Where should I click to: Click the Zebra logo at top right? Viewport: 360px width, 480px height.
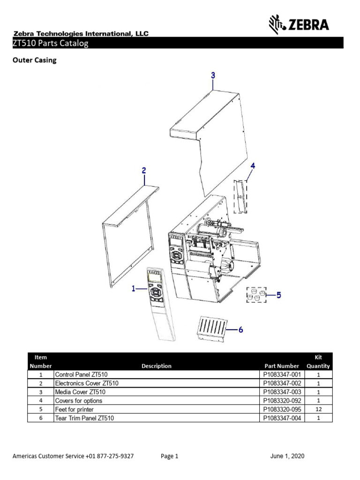coord(299,24)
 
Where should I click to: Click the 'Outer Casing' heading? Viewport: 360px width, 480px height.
coord(34,60)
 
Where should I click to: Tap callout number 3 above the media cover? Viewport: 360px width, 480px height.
coord(213,75)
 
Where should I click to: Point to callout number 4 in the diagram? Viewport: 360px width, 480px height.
coord(253,165)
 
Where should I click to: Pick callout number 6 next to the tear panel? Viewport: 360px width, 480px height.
coord(241,330)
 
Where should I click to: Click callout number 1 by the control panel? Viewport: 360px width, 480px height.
coord(134,289)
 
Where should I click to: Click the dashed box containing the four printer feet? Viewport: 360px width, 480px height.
coord(256,295)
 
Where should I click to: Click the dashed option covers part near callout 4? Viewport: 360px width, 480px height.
coord(241,196)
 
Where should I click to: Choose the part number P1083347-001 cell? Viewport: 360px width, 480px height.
coord(281,375)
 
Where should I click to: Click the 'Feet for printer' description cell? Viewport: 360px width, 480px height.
coord(75,409)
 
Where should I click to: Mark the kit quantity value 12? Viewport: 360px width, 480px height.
coord(318,409)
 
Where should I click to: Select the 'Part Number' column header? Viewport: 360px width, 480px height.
coord(281,366)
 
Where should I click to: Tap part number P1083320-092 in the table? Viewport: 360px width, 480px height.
coord(281,401)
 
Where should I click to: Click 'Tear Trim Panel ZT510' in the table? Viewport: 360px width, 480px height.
coord(84,418)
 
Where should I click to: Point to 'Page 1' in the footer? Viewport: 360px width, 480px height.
coord(169,456)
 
